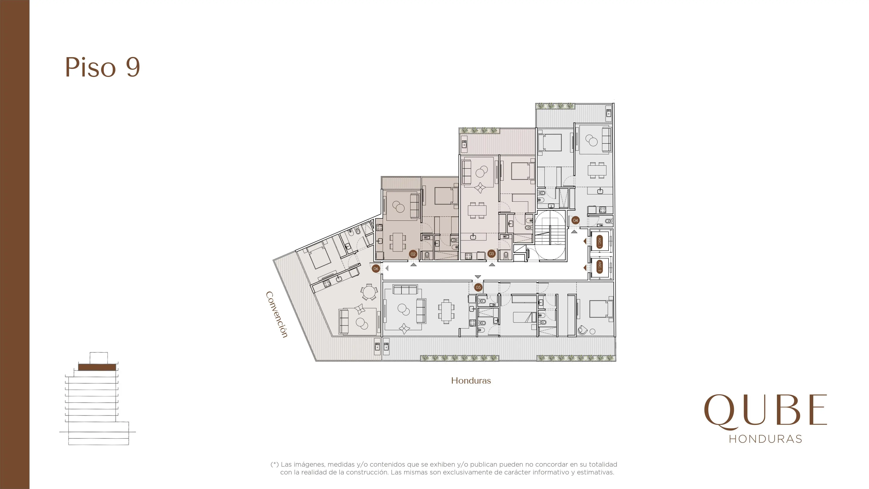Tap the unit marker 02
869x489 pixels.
[413, 254]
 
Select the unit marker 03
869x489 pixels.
[491, 254]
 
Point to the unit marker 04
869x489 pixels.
[575, 220]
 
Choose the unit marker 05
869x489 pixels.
[478, 288]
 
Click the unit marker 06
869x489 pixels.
[376, 269]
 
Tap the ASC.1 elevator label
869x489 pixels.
[599, 242]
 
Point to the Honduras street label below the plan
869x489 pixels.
[471, 381]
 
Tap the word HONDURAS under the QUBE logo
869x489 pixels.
[765, 439]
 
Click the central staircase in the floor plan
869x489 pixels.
[550, 235]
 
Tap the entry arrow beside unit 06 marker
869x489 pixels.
[387, 269]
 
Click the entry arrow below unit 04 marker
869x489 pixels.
[574, 231]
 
